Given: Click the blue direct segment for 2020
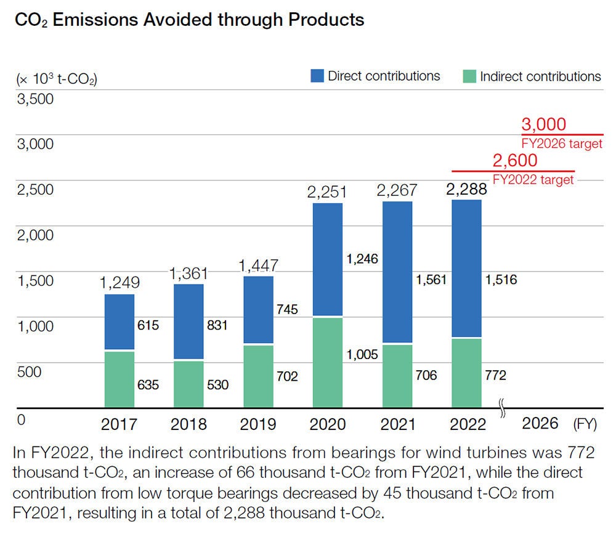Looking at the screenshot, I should [x=327, y=259].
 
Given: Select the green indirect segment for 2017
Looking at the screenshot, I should [x=120, y=379].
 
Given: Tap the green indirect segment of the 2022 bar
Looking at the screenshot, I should [x=466, y=373].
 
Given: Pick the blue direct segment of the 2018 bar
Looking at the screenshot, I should [x=188, y=321].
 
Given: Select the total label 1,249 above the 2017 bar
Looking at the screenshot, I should [x=120, y=283].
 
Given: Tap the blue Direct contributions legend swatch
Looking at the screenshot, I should [x=317, y=76].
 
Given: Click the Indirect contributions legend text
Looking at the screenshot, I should [x=540, y=77].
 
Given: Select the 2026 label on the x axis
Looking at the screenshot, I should [x=540, y=423].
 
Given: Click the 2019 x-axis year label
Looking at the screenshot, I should [x=258, y=424].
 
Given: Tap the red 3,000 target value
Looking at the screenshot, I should [x=543, y=124].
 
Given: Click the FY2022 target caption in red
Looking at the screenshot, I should [x=533, y=180].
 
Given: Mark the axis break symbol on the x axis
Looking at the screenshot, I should [x=502, y=408].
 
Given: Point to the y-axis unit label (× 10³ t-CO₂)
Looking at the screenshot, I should [x=57, y=79].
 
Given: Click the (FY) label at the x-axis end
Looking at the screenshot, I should [x=585, y=424].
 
